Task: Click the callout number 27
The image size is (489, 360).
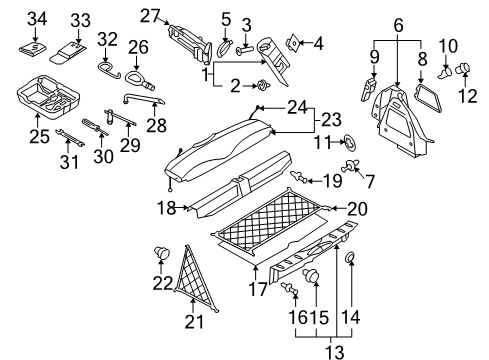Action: pyautogui.click(x=150, y=16)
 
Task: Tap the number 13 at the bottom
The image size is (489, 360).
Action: pyautogui.click(x=334, y=352)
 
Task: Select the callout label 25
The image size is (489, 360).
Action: pyautogui.click(x=39, y=136)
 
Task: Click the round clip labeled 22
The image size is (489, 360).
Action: pyautogui.click(x=162, y=252)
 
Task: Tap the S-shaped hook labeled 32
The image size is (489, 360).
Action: pyautogui.click(x=109, y=70)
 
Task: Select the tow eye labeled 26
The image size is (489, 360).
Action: pyautogui.click(x=139, y=80)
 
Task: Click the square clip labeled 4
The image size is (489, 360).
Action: pyautogui.click(x=292, y=43)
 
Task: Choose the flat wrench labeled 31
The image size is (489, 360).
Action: pyautogui.click(x=70, y=137)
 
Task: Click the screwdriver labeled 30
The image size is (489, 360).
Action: pyautogui.click(x=95, y=127)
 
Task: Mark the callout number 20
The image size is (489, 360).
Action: pyautogui.click(x=357, y=209)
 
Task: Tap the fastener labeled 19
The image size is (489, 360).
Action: pyautogui.click(x=299, y=177)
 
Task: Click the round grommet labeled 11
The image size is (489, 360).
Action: pyautogui.click(x=350, y=142)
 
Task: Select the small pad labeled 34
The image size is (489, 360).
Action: pyautogui.click(x=32, y=49)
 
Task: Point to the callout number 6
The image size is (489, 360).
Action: pyautogui.click(x=398, y=25)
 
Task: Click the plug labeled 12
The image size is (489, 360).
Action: pyautogui.click(x=462, y=68)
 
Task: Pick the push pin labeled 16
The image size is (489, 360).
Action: pyautogui.click(x=289, y=288)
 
